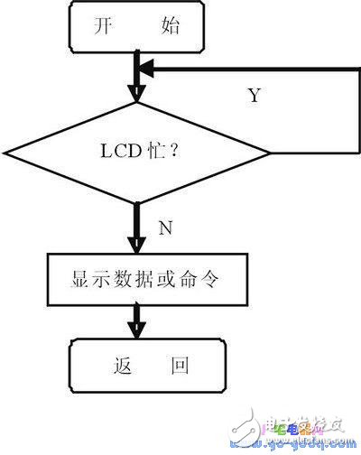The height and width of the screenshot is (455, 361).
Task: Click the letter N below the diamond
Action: [165, 228]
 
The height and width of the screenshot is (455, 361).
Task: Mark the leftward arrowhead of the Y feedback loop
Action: [144, 67]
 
